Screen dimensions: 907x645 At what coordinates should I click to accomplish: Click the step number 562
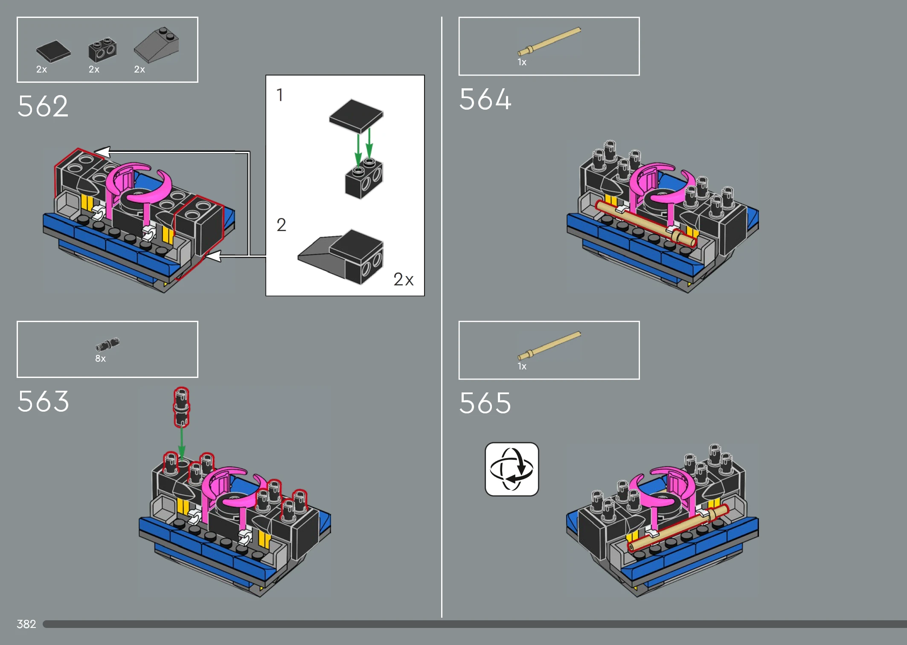tap(43, 106)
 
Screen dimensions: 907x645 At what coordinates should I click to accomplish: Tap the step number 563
tap(43, 401)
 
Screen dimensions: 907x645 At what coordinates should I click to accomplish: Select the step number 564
tap(485, 99)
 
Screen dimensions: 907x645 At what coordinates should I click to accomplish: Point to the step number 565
tap(485, 403)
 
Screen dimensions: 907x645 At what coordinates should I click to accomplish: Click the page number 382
tap(26, 624)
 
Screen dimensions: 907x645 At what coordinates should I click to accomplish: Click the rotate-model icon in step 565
tap(512, 469)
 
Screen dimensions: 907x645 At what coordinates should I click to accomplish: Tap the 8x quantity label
tap(100, 359)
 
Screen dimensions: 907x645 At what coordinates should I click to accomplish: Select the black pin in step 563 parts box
tap(108, 344)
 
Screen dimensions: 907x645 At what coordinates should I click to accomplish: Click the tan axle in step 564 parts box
tap(549, 41)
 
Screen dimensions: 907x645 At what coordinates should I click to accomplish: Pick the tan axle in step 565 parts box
tap(549, 346)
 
